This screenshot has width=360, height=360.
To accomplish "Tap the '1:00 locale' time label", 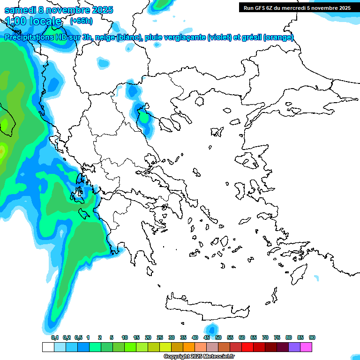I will click(33, 21).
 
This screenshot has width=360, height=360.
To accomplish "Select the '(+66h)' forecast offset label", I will click(81, 21).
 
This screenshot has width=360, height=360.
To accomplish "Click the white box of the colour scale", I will click(48, 347).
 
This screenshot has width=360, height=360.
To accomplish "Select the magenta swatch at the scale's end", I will click(306, 347).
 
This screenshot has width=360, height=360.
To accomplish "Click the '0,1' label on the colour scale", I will click(55, 337).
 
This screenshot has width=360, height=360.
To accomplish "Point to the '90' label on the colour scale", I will click(312, 337).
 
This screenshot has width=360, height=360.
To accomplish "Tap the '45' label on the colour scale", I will click(207, 337).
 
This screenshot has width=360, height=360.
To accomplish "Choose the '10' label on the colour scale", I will click(125, 337).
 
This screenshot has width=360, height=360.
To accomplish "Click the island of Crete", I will click(206, 307).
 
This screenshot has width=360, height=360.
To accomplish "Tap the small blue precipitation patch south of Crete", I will click(211, 329).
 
